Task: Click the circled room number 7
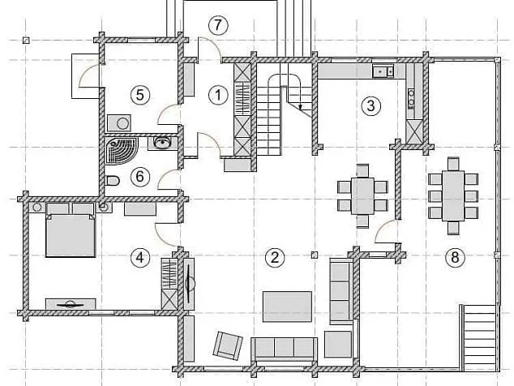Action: [218, 24]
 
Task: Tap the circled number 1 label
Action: [218, 95]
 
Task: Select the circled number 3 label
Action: [371, 105]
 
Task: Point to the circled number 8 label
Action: [455, 257]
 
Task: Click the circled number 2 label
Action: [275, 257]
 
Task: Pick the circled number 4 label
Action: [140, 257]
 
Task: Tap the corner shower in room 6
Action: [121, 151]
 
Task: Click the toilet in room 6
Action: [113, 180]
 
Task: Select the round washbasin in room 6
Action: [161, 143]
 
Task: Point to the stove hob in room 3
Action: [411, 99]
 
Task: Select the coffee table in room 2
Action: [287, 307]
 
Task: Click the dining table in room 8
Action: [453, 195]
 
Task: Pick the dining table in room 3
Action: [362, 195]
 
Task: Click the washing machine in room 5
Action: [119, 123]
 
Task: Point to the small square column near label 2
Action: [315, 255]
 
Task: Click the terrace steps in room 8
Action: [481, 338]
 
